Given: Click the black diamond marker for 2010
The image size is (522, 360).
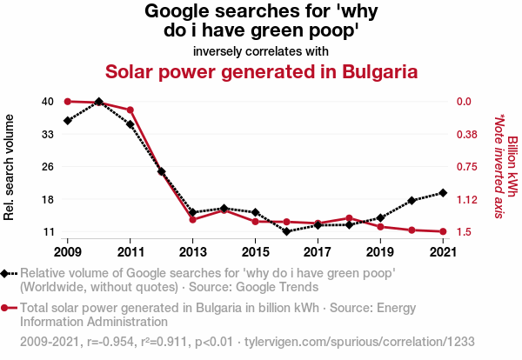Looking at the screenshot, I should [99, 102].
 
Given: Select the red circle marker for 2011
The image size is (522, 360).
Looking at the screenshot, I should [130, 110].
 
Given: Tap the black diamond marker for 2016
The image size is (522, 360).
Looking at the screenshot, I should [286, 231].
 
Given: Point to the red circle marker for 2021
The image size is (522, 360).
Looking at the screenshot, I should [443, 231].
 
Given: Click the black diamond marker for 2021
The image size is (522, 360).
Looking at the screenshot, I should [443, 192].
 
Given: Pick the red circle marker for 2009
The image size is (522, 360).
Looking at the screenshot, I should [68, 102].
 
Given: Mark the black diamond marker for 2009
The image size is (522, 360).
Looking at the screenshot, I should [68, 120].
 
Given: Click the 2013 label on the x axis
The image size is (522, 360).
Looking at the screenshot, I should [193, 252].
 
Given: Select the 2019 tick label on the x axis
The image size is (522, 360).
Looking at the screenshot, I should [380, 252].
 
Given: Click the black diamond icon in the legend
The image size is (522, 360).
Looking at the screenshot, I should [6, 273].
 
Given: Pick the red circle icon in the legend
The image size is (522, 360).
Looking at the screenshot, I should [6, 308].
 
